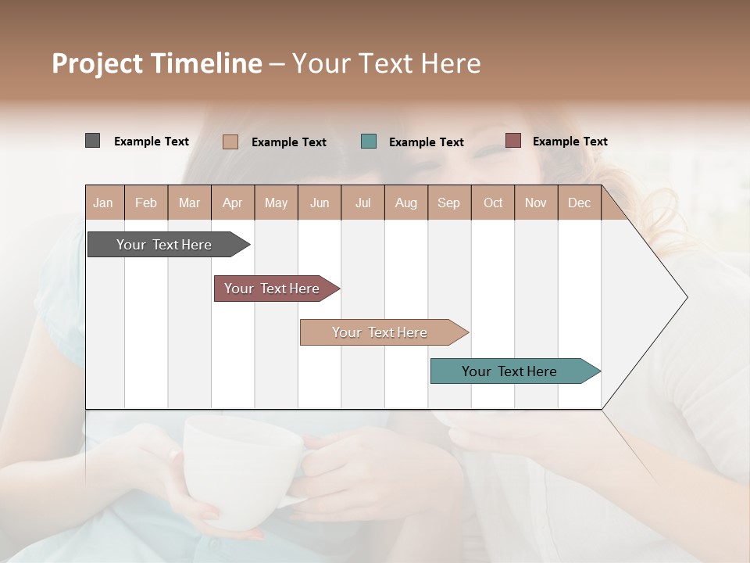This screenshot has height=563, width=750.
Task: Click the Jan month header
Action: click(104, 203)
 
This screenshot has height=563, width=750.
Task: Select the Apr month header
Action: click(232, 203)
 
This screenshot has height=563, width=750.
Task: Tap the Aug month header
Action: click(405, 203)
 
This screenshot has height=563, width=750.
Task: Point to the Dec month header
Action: click(579, 203)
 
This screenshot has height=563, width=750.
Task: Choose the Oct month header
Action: click(492, 203)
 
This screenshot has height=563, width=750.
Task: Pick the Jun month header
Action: click(319, 203)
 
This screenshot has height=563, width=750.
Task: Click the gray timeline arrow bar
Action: click(165, 245)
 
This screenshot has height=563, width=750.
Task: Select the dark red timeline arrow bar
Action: click(273, 289)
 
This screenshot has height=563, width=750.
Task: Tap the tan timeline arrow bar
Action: click(380, 332)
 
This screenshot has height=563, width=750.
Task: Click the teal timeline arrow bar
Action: click(510, 371)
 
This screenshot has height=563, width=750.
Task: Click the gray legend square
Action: click(92, 141)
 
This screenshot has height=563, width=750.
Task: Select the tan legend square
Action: click(230, 142)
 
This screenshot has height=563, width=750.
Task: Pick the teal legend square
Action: click(369, 142)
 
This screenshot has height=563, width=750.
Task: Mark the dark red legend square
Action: click(512, 141)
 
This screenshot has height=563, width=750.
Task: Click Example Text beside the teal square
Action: click(426, 142)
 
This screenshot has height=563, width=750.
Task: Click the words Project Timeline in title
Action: click(156, 63)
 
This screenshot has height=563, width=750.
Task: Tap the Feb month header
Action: click(146, 203)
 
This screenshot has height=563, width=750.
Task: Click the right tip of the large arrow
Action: click(685, 297)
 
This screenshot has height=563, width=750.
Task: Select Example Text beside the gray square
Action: click(151, 142)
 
